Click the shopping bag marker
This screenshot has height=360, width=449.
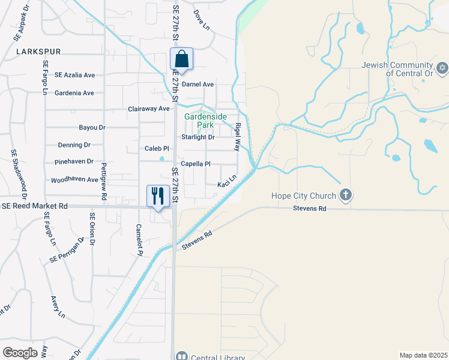(181, 60)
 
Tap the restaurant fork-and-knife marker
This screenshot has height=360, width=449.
(157, 196)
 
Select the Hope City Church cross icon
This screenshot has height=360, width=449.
(345, 194)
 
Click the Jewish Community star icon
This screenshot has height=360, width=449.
(442, 67)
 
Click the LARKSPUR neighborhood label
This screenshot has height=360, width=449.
(38, 52)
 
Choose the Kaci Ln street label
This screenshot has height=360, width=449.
(227, 181)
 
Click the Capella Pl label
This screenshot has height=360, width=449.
(196, 164)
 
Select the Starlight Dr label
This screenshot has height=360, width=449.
(198, 137)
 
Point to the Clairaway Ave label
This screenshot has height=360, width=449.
(149, 109)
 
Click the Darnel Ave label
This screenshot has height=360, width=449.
(198, 85)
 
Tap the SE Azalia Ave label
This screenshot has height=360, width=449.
(74, 75)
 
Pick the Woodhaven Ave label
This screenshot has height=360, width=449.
(74, 179)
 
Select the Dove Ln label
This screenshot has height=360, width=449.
(200, 17)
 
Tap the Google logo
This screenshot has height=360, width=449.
(20, 353)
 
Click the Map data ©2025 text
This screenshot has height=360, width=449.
(423, 355)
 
